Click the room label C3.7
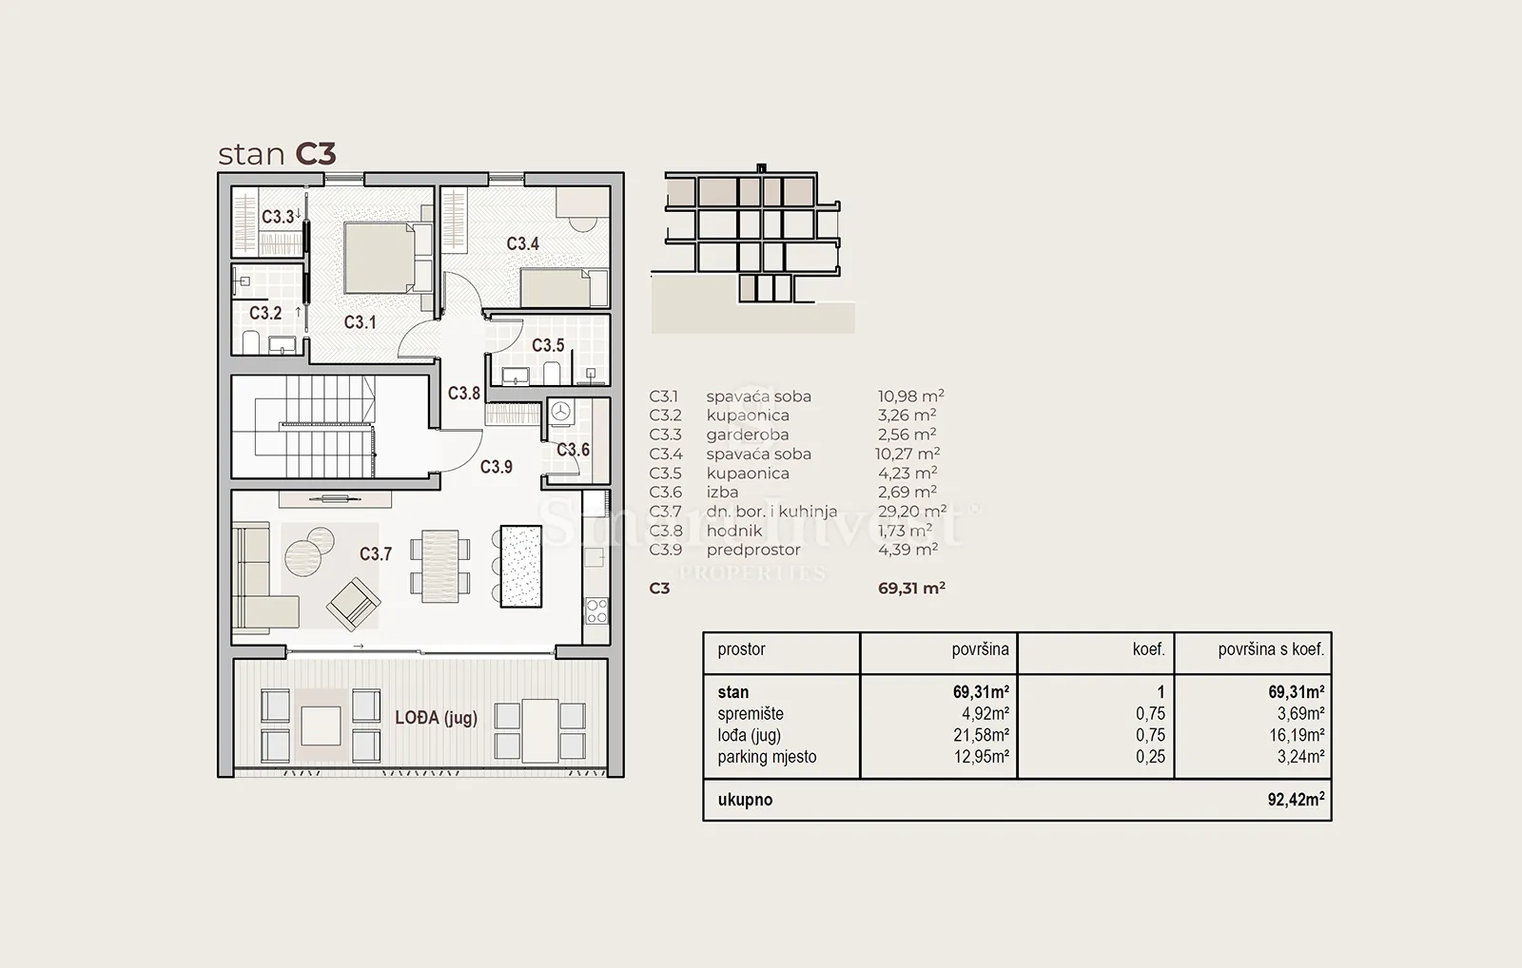pyautogui.click(x=376, y=554)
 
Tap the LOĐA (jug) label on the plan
pyautogui.click(x=437, y=718)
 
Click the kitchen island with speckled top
pyautogui.click(x=521, y=566)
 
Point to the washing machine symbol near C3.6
pyautogui.click(x=560, y=412)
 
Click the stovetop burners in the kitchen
pyautogui.click(x=596, y=610)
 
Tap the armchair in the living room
pyautogui.click(x=353, y=604)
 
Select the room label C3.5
pyautogui.click(x=548, y=346)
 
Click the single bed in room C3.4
pyautogui.click(x=564, y=288)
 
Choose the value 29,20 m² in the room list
pyautogui.click(x=912, y=511)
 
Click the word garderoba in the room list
pyautogui.click(x=748, y=435)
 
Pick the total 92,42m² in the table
pyautogui.click(x=1296, y=799)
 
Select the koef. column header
pyautogui.click(x=1148, y=649)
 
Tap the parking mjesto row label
pyautogui.click(x=767, y=757)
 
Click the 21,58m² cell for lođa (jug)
pyautogui.click(x=981, y=735)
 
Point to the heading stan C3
pyautogui.click(x=277, y=154)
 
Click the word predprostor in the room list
pyautogui.click(x=753, y=550)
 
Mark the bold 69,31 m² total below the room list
pyautogui.click(x=911, y=589)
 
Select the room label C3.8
pyautogui.click(x=464, y=394)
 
